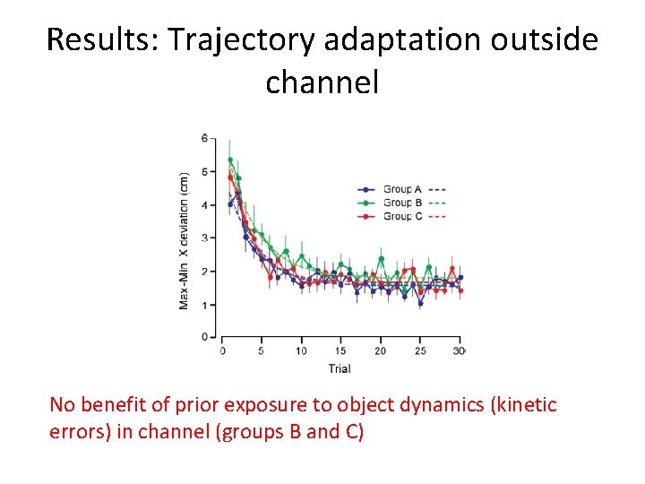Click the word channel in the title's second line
(322, 82)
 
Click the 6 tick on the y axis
(204, 138)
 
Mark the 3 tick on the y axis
(204, 238)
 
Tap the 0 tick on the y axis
(204, 337)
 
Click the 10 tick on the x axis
(302, 350)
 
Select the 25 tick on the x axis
(420, 350)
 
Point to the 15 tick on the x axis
(341, 350)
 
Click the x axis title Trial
(339, 367)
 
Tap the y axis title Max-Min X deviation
(184, 240)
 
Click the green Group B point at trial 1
(230, 160)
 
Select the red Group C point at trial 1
(230, 177)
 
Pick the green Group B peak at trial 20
(381, 259)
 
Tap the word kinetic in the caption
(525, 405)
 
